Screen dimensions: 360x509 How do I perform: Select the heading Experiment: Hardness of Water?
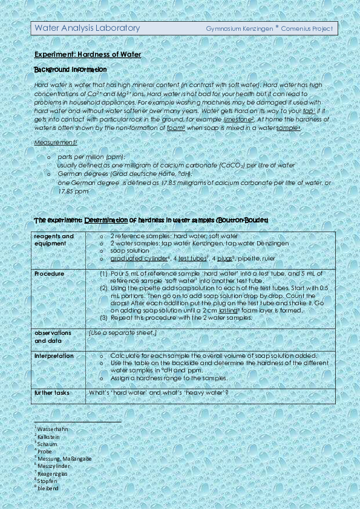tap(88, 54)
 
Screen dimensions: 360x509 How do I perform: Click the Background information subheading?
tap(70, 70)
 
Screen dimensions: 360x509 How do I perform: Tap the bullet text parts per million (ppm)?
tap(91, 157)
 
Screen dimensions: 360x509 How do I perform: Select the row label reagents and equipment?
tap(54, 239)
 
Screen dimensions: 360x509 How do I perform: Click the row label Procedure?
tap(49, 274)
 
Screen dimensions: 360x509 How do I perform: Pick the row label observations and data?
tap(53, 337)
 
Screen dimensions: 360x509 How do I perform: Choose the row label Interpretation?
tap(54, 356)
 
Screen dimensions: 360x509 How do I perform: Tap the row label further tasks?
tap(52, 393)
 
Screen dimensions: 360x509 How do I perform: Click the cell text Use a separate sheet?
tap(123, 333)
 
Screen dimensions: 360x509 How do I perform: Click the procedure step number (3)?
tap(103, 317)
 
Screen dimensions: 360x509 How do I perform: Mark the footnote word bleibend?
tap(48, 488)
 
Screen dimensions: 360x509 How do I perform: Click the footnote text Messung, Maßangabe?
tap(64, 458)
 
